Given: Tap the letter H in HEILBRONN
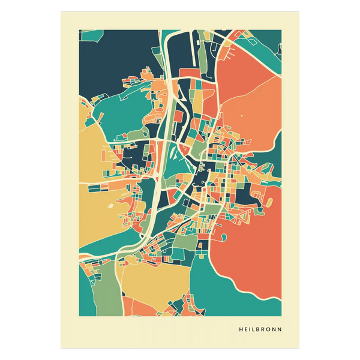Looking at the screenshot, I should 241,329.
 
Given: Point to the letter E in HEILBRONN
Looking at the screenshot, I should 245,329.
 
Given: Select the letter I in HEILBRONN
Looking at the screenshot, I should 250,329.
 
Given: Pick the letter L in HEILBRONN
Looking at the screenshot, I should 253,329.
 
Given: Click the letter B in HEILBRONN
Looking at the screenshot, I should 258,329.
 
